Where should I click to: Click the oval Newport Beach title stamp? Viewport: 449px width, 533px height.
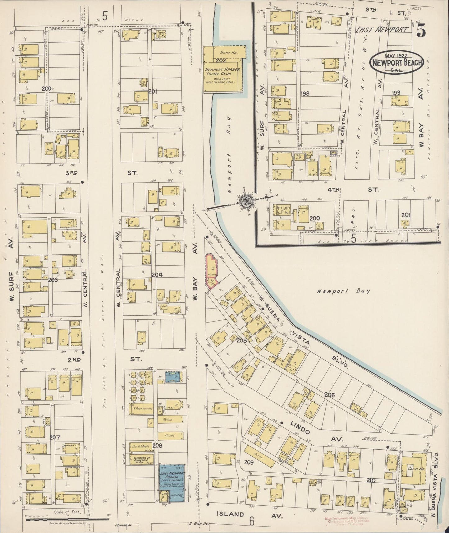point(396,62)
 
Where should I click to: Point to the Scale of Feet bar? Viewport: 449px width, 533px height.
point(67,520)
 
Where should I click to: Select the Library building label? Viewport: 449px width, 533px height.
point(71,446)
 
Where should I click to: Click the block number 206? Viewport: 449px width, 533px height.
point(329,395)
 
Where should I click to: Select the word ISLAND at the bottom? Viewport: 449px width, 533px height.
point(230,514)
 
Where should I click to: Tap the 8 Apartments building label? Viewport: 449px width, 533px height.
point(143,408)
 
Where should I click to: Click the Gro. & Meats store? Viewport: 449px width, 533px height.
point(141,446)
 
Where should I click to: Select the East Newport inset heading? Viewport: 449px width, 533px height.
point(381,30)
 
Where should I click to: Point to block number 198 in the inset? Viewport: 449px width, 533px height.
point(305,93)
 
